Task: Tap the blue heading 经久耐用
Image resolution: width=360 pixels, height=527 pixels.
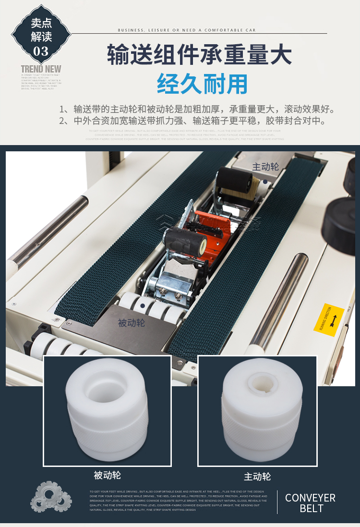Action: coord(202,84)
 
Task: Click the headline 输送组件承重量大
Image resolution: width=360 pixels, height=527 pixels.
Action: coord(199,55)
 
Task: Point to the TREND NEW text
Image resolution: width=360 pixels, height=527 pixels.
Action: coord(41,69)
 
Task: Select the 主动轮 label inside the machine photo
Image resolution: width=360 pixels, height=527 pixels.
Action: coord(265,167)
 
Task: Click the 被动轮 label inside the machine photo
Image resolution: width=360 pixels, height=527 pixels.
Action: coord(131,323)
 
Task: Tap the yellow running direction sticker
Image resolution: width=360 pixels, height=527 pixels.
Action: coord(329,317)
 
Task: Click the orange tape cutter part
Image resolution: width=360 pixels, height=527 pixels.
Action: coord(207,231)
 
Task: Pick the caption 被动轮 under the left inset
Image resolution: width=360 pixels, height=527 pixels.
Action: coord(107,475)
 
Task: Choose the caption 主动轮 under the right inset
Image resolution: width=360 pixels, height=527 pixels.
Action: coord(257,477)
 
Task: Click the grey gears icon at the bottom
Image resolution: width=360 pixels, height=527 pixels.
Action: coord(50,497)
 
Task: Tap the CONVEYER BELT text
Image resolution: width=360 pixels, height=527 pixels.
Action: coord(310,502)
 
